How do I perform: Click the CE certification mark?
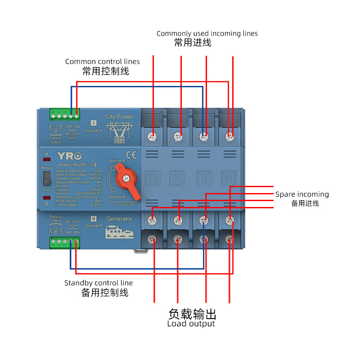coord(131,155)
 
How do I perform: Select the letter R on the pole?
coord(153,179)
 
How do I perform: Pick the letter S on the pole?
coord(178,179)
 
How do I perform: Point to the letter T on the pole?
coord(205,179)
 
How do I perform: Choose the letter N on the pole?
coord(229,179)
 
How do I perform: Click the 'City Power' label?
coord(119,117)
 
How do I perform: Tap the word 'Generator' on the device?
coord(119,219)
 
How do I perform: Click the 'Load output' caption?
coord(191,324)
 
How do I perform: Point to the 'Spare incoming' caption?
coord(302,194)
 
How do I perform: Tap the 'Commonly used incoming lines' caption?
coord(207,33)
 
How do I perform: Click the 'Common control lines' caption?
coord(103,62)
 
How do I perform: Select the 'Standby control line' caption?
coord(99,283)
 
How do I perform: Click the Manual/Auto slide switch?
coord(46,179)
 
